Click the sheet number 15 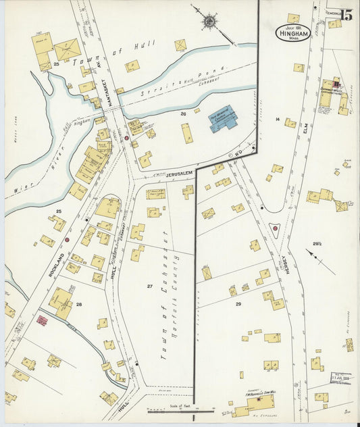click(346, 15)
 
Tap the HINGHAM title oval click(293, 32)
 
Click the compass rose click(209, 21)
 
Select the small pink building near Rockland click(42, 321)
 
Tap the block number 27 click(150, 287)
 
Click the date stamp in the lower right click(340, 376)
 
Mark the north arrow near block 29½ click(320, 261)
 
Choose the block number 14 click(277, 119)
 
